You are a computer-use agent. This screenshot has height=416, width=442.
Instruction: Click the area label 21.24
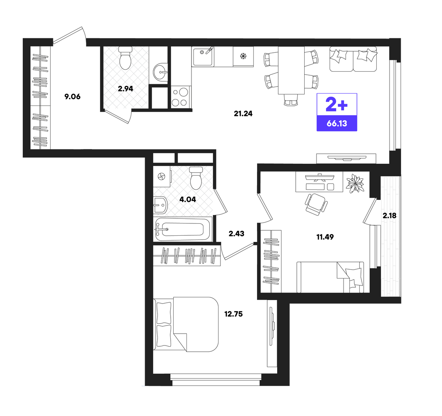pyautogui.click(x=243, y=114)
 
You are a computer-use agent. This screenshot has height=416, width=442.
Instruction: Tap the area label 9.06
pyautogui.click(x=73, y=97)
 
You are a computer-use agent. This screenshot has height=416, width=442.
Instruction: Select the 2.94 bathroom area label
pyautogui.click(x=125, y=89)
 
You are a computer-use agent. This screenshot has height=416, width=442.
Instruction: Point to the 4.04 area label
pyautogui.click(x=188, y=200)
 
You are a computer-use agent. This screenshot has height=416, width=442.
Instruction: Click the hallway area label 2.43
pyautogui.click(x=236, y=233)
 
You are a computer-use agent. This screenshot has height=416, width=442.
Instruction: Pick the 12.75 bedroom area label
pyautogui.click(x=234, y=314)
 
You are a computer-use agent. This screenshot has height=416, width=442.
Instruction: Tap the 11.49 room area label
pyautogui.click(x=325, y=237)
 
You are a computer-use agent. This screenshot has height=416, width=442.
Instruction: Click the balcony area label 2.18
pyautogui.click(x=389, y=216)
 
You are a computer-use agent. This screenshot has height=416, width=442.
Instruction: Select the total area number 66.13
pyautogui.click(x=337, y=124)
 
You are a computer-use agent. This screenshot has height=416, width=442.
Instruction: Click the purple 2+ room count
pyautogui.click(x=337, y=104)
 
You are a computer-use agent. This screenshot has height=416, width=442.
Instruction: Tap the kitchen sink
pyautogui.click(x=203, y=56)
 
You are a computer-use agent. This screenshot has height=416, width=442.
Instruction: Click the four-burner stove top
pyautogui.click(x=180, y=97)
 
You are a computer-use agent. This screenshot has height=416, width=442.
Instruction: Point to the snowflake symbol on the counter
pyautogui.click(x=243, y=56)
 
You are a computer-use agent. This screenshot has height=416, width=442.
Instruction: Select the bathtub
pyautogui.click(x=183, y=229)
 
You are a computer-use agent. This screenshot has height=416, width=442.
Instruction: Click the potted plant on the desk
pyautogui.click(x=355, y=184)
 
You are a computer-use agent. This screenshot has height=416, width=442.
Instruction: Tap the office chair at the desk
pyautogui.click(x=316, y=204)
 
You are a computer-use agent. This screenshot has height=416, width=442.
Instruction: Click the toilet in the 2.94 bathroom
pyautogui.click(x=125, y=58)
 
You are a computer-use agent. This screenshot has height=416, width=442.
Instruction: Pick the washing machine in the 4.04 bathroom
pyautogui.click(x=161, y=177)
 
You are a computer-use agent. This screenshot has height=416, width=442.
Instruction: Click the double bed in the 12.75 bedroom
pyautogui.click(x=186, y=324)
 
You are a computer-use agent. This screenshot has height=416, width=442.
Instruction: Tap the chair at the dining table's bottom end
pyautogui.click(x=291, y=100)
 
